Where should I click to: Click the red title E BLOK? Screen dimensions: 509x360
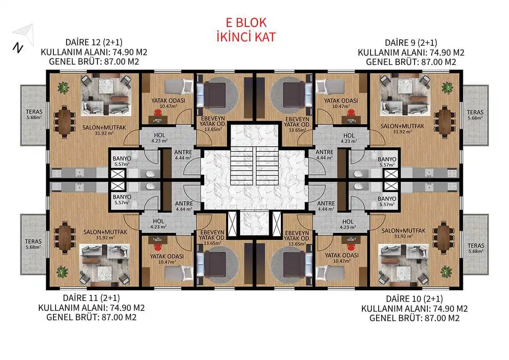[x=246, y=23]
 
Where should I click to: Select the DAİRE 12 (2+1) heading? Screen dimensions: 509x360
[x=94, y=42]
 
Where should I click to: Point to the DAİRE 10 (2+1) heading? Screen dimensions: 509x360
[x=414, y=299]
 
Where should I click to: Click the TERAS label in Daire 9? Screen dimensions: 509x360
[x=475, y=112]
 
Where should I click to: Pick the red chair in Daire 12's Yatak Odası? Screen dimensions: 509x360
[x=158, y=113]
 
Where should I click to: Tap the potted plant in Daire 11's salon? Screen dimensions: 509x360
[x=62, y=271]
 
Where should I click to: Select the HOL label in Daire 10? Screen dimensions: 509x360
[x=347, y=222]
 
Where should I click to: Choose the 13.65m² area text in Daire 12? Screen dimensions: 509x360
[x=213, y=129]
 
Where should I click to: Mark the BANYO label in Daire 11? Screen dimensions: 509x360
[x=122, y=197]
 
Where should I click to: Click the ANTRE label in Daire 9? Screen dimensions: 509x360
[x=324, y=152]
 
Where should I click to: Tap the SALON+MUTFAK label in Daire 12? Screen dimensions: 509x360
[x=104, y=127]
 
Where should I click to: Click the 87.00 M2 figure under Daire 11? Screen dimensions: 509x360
[x=119, y=317]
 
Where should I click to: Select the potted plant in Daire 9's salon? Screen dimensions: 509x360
[x=447, y=87]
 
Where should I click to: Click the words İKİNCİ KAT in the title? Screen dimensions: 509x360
[x=246, y=37]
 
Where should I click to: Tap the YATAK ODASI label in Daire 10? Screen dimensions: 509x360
[x=341, y=256]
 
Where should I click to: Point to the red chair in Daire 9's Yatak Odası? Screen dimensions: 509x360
[x=350, y=113]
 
